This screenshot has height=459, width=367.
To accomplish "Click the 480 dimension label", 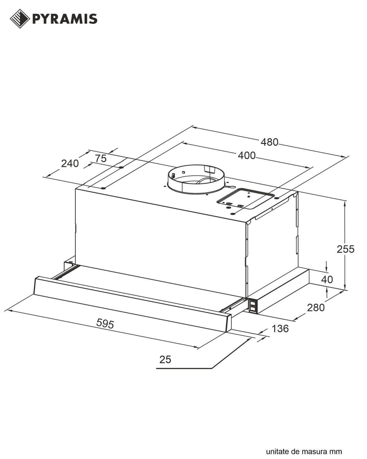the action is point(269,142).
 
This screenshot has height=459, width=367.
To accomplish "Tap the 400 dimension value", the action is point(247,155).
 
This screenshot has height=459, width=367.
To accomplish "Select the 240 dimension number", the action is point(70,164).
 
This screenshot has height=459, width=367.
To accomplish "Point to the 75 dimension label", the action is point(101,159).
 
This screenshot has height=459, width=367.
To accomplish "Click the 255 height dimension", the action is point(346,249).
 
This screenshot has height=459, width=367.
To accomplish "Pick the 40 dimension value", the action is point(327,279).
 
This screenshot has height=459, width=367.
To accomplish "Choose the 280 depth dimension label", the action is point(316,308).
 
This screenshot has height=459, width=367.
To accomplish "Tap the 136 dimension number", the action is point(280,328).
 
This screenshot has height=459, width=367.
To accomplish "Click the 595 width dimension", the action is point(105,323).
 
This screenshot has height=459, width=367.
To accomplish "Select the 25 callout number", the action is point(165,360).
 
